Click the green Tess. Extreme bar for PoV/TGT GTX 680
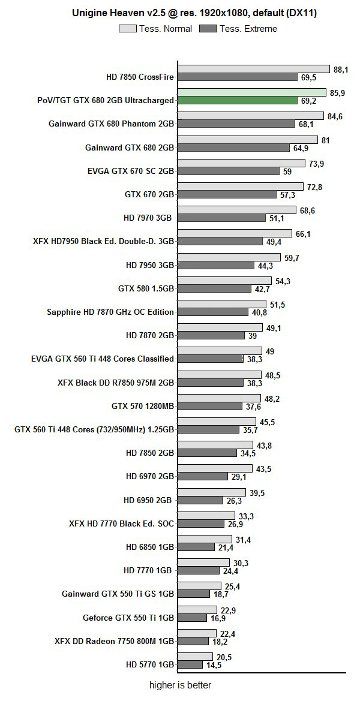pos(238,100)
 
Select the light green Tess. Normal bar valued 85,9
pos(252,92)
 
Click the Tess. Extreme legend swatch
pos(208,28)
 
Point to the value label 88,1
pos(341,70)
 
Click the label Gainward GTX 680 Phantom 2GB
pos(111,124)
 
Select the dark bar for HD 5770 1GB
pos(190,664)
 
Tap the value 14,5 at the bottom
pos(214,665)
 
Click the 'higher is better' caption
pos(180,685)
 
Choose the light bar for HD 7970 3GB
pos(237,210)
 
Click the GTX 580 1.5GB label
pos(146,288)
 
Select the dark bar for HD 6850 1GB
pos(196,547)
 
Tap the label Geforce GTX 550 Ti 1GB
pos(128,617)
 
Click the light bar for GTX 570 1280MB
pos(219,398)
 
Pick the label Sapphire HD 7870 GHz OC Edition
pos(110,312)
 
